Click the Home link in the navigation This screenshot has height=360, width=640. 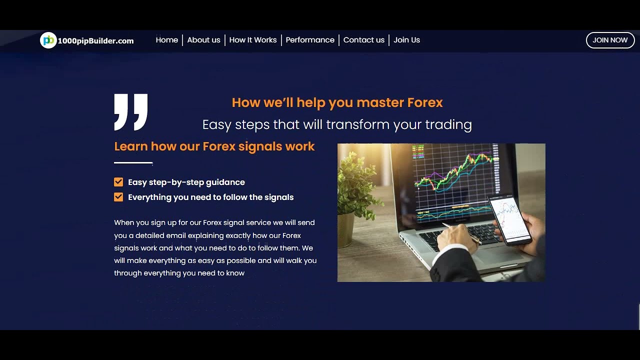click(166, 40)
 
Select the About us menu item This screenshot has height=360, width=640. click(203, 40)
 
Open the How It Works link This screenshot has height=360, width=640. click(252, 40)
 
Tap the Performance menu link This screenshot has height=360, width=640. click(310, 40)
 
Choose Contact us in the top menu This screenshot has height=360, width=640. click(363, 40)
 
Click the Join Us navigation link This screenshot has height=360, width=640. click(406, 40)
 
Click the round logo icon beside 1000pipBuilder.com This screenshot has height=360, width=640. click(48, 40)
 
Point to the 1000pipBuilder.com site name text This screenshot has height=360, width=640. click(95, 41)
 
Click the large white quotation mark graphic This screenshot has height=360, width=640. click(131, 111)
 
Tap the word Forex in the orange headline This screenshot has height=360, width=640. click(425, 102)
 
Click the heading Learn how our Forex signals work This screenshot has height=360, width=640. click(214, 146)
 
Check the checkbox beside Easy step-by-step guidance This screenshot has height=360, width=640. click(118, 182)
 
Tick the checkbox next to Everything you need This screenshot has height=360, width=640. click(118, 197)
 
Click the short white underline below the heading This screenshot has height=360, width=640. click(133, 162)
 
